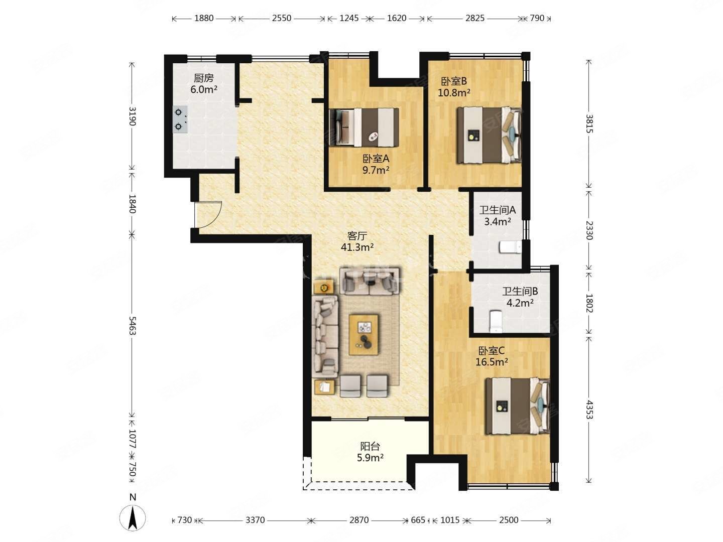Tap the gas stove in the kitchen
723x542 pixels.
180,119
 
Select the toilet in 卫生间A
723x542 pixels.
510,247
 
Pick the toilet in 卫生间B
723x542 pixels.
496,321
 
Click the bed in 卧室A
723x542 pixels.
364,127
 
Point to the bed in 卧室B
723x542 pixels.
489,135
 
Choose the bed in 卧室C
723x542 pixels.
518,405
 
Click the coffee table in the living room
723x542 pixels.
364,335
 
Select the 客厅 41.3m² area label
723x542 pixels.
357,241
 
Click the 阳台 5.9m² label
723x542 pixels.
370,452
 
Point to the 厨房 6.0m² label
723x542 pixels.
203,84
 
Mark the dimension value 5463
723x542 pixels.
132,326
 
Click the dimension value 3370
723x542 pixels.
255,520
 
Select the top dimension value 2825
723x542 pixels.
475,18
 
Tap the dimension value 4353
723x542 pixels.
589,410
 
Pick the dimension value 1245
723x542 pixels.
349,18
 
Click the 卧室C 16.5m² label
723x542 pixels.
492,356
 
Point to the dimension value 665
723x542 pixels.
418,520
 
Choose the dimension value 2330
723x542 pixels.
589,230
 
